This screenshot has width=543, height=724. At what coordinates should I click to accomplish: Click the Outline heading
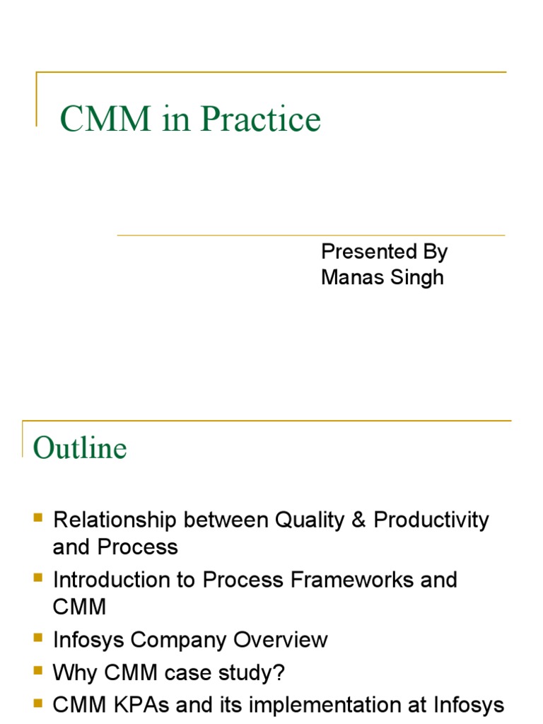pos(80,448)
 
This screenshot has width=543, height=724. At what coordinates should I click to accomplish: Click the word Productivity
pos(431,520)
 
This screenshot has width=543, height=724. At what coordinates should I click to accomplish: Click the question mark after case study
pos(279,673)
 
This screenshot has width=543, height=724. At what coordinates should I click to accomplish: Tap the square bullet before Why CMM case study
pos(38,671)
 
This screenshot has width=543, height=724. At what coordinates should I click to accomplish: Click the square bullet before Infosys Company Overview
pos(38,638)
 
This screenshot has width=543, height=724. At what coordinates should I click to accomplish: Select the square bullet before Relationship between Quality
pos(38,518)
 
